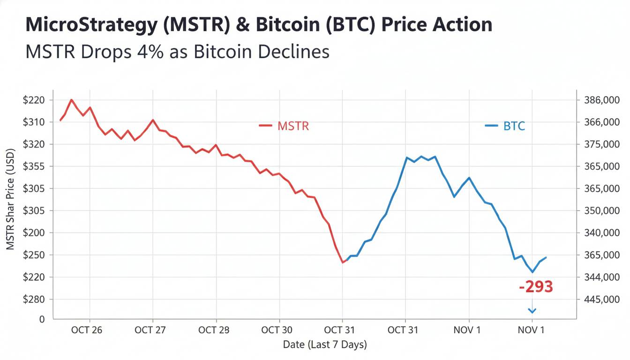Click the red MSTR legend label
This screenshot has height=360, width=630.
pyautogui.click(x=293, y=126)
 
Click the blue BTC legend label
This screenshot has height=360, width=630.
pyautogui.click(x=514, y=126)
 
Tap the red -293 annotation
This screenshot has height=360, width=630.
pyautogui.click(x=536, y=286)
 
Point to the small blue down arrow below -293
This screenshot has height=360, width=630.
pyautogui.click(x=532, y=310)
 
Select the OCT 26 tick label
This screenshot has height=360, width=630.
pyautogui.click(x=86, y=330)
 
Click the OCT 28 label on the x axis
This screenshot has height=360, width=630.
pyautogui.click(x=214, y=330)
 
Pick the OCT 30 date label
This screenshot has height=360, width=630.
pyautogui.click(x=277, y=330)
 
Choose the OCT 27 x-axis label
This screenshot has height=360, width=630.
pyautogui.click(x=150, y=330)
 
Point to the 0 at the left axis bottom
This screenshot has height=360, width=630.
pyautogui.click(x=42, y=319)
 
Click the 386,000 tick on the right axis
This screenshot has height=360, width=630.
pyautogui.click(x=602, y=100)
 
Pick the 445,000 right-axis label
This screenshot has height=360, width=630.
pyautogui.click(x=602, y=299)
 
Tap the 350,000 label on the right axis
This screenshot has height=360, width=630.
pyautogui.click(x=602, y=210)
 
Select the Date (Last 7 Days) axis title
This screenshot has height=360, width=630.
pyautogui.click(x=325, y=345)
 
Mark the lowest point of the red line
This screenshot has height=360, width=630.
pyautogui.click(x=343, y=262)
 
